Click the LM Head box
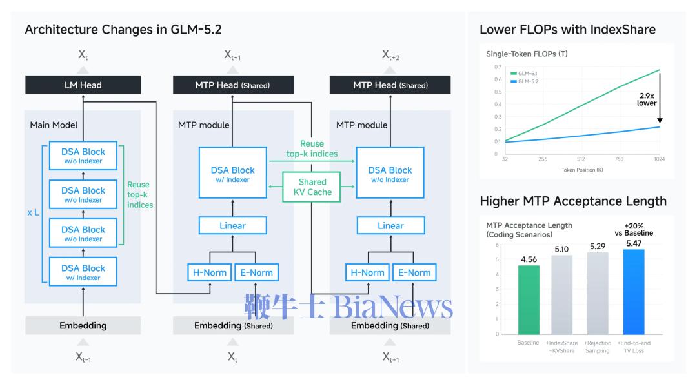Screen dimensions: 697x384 pyautogui.click(x=83, y=85)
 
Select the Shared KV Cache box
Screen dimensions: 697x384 pyautogui.click(x=312, y=187)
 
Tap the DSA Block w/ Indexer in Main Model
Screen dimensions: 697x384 pyautogui.click(x=83, y=272)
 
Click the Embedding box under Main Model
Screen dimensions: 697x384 pyautogui.click(x=83, y=325)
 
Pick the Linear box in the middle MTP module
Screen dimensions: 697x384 pyautogui.click(x=232, y=225)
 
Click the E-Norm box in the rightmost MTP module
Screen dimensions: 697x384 pyautogui.click(x=414, y=272)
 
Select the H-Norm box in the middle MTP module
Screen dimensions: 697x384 pyautogui.click(x=209, y=272)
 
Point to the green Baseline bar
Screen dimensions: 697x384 pyautogui.click(x=529, y=299)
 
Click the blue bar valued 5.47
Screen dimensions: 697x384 pyautogui.click(x=634, y=292)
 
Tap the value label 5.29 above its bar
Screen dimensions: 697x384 pyautogui.click(x=598, y=247)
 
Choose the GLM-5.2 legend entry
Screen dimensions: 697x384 pyautogui.click(x=524, y=81)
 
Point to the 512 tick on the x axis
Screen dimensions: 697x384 pyautogui.click(x=581, y=159)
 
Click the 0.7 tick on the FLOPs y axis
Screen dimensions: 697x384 pyautogui.click(x=498, y=67)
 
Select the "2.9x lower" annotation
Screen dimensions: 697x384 pyautogui.click(x=647, y=99)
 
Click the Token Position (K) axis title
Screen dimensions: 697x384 pyautogui.click(x=582, y=170)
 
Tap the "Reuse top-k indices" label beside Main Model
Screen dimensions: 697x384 pyautogui.click(x=140, y=195)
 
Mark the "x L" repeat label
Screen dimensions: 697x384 pyautogui.click(x=34, y=212)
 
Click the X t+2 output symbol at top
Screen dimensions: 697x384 pyautogui.click(x=390, y=55)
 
